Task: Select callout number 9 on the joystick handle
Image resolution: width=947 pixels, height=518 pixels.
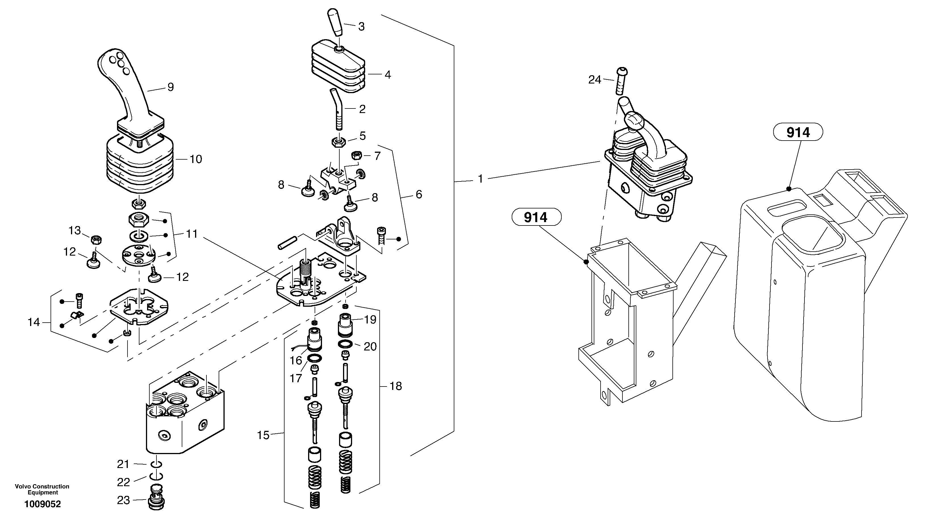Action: click(x=171, y=87)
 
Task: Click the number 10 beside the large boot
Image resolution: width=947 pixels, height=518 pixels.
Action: click(x=196, y=159)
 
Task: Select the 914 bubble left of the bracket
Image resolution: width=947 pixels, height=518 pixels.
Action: click(x=536, y=218)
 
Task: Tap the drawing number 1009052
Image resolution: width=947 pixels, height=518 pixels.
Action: click(x=43, y=504)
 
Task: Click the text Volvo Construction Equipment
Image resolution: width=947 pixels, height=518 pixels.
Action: click(x=42, y=489)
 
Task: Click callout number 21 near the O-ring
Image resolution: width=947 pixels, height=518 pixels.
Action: click(x=123, y=464)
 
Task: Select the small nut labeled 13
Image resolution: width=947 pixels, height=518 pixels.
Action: click(x=96, y=240)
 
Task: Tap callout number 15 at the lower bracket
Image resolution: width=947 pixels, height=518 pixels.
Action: click(x=263, y=435)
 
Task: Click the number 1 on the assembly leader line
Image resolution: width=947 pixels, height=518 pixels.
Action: click(x=480, y=179)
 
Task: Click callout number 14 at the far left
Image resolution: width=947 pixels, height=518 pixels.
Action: click(x=34, y=322)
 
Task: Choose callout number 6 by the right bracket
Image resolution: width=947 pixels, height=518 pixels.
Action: click(x=419, y=195)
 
